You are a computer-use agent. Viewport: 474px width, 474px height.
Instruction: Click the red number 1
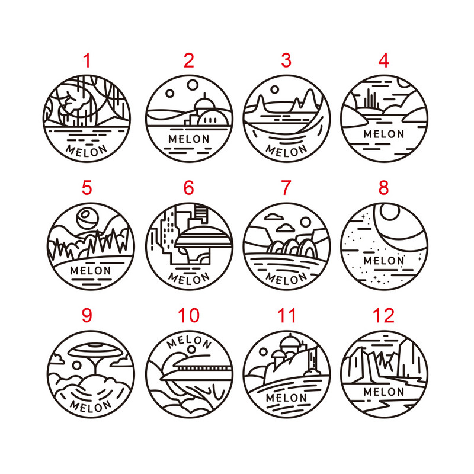click(87, 60)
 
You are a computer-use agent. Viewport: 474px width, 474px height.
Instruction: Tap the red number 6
click(188, 188)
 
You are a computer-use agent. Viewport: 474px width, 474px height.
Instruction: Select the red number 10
click(188, 315)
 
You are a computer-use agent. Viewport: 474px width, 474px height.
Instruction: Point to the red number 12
click(383, 315)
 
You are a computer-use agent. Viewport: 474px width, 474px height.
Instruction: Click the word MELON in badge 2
click(188, 139)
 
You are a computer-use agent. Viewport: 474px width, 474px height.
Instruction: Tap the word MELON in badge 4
click(383, 134)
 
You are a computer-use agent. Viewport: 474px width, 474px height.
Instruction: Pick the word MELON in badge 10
click(188, 342)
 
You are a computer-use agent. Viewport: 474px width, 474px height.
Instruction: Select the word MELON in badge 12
click(383, 392)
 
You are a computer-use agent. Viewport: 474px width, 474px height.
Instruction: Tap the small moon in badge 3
click(274, 89)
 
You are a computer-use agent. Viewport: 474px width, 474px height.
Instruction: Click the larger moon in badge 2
click(192, 85)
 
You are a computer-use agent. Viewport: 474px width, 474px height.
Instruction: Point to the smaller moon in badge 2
click(170, 94)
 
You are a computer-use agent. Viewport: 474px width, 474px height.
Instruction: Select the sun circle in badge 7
click(306, 223)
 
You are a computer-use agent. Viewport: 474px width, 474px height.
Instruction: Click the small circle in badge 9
click(77, 366)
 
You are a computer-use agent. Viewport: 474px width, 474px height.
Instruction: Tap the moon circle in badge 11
click(263, 352)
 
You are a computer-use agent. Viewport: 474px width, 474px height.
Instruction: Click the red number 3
click(286, 60)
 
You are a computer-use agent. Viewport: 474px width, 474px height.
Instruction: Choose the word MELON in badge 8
click(383, 261)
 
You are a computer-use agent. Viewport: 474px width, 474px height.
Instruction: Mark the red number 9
click(87, 315)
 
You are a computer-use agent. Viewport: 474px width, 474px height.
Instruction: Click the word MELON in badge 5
click(91, 271)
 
